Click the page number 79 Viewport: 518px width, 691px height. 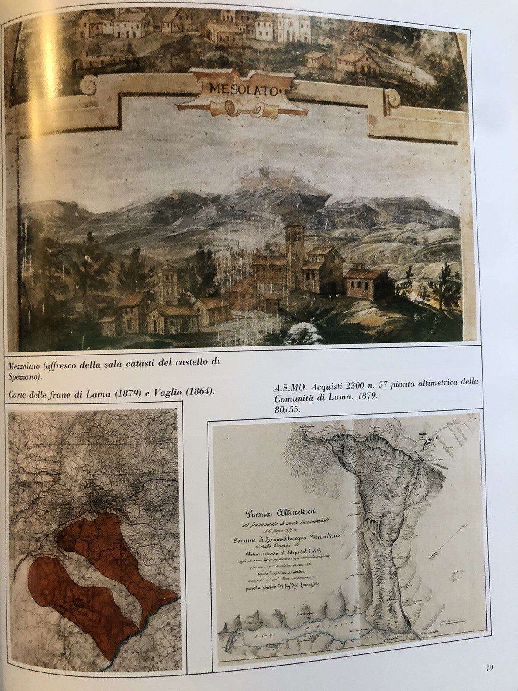pos(489,668)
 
